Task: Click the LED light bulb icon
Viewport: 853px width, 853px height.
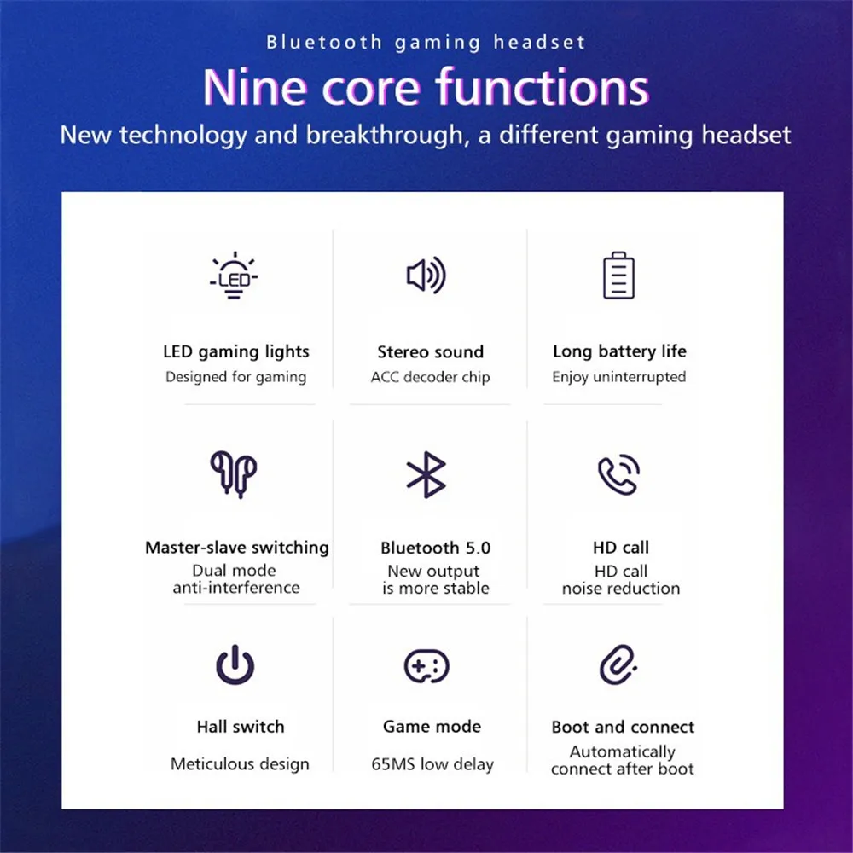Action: [234, 275]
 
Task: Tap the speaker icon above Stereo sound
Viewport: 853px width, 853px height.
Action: [426, 276]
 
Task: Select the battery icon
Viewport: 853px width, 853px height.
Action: [618, 276]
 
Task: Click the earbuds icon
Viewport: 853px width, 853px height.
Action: [234, 474]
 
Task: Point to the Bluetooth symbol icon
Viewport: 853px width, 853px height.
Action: [426, 474]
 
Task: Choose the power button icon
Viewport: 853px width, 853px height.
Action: [235, 664]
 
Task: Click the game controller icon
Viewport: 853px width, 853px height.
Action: [426, 666]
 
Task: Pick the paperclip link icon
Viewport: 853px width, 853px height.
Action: [617, 664]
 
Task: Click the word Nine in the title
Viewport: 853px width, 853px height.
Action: [255, 88]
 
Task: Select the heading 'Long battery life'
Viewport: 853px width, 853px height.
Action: [619, 352]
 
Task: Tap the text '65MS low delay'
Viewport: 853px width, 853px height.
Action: [432, 764]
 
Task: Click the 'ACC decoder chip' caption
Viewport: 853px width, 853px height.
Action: [430, 377]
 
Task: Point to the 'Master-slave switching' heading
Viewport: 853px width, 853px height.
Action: [237, 548]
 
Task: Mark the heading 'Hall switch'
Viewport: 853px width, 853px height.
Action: [241, 727]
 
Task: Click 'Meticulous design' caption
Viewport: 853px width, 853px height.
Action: [240, 764]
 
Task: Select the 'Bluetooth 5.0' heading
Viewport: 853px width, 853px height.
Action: [436, 548]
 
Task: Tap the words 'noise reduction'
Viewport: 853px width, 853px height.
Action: [621, 588]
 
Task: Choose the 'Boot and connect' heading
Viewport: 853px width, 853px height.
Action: [623, 727]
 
